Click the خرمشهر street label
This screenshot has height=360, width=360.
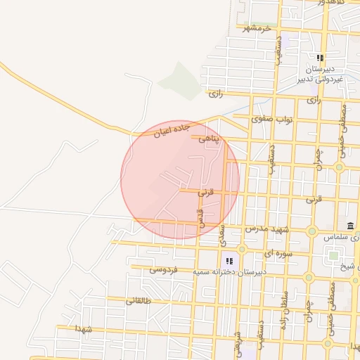pos(257,28)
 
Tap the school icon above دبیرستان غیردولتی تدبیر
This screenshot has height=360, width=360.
pos(320,58)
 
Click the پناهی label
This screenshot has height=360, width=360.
pos(209,139)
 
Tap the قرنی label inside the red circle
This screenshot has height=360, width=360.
pos(205,191)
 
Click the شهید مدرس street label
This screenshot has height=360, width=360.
pos(268,230)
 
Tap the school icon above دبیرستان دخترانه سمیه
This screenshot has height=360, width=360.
pos(229,261)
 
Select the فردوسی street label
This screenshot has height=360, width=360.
pos(165,269)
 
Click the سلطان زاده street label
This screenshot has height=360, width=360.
pos(285,302)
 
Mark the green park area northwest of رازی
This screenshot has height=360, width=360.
pos(180,79)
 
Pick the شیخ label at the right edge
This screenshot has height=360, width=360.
pos(349,266)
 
